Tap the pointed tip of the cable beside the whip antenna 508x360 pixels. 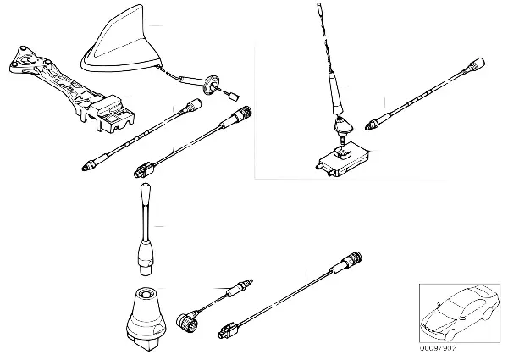point(370,125)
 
